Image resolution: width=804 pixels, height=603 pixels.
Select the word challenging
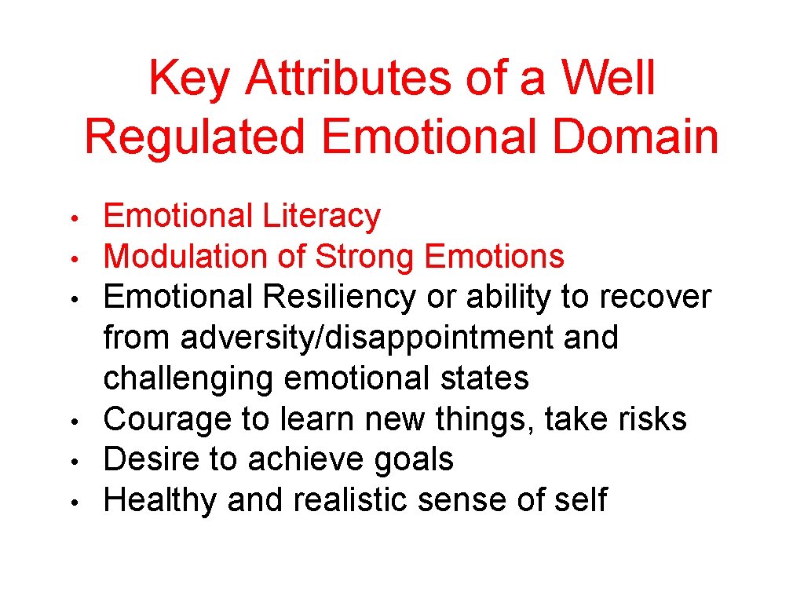click(189, 379)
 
